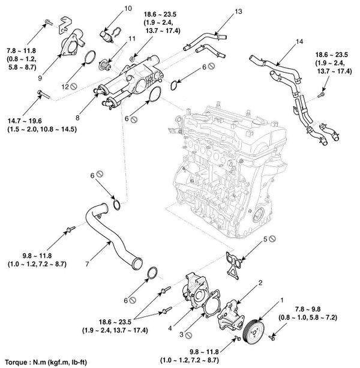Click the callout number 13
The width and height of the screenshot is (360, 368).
click(x=238, y=11)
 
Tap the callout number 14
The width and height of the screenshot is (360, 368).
click(x=299, y=41)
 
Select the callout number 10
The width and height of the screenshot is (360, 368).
click(x=128, y=8)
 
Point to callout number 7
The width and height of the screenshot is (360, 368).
click(x=87, y=264)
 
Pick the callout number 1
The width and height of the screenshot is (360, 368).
click(x=282, y=300)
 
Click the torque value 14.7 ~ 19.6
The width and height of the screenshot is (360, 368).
click(x=25, y=121)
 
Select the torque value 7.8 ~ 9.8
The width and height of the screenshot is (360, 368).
click(x=308, y=309)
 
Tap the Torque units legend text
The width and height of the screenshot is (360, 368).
click(x=46, y=362)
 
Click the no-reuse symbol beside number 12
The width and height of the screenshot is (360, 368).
click(x=74, y=86)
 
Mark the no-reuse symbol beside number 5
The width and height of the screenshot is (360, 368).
click(x=272, y=239)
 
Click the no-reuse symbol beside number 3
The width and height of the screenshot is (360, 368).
click(x=188, y=336)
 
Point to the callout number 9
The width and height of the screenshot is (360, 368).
click(x=40, y=78)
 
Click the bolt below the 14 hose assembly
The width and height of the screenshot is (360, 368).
click(x=321, y=95)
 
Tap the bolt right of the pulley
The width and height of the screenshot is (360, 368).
click(x=272, y=338)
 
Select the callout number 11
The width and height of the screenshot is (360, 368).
click(x=132, y=38)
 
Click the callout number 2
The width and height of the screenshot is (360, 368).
click(x=260, y=283)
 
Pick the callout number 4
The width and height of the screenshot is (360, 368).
click(x=170, y=328)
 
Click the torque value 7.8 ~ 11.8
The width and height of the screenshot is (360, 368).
click(x=21, y=50)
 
